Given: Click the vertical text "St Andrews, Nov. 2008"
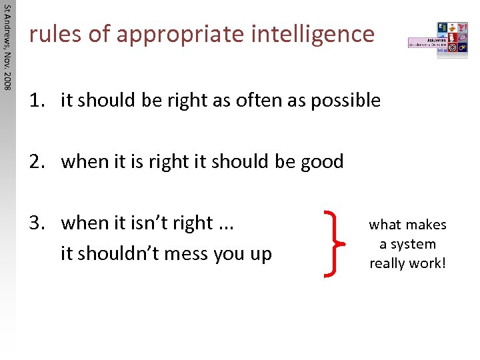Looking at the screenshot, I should (7, 47).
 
